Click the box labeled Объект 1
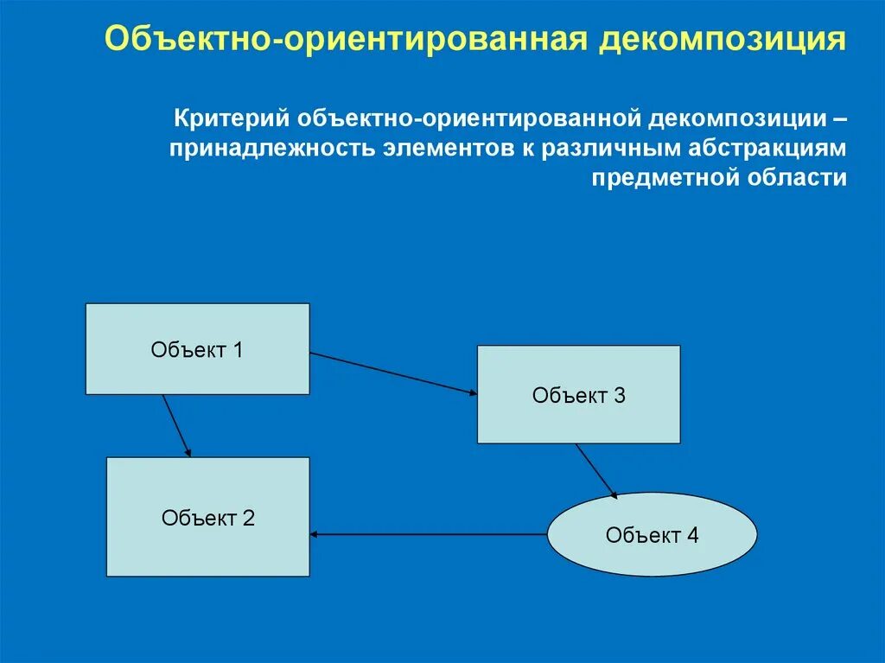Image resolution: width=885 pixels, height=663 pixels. tap(197, 349)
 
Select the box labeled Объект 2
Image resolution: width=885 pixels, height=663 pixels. tap(207, 517)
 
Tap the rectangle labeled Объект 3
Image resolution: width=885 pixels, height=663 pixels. tap(578, 395)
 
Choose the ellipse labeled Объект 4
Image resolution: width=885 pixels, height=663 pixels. tap(652, 534)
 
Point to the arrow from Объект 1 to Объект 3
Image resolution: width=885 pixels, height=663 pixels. tap(393, 373)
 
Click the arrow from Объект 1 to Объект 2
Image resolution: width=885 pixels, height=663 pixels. tap(176, 425)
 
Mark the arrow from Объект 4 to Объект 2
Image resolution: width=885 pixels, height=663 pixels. tap(429, 534)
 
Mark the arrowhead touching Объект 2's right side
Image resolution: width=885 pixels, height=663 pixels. tap(315, 534)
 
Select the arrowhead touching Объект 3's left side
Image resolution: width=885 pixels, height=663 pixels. tap(473, 393)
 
